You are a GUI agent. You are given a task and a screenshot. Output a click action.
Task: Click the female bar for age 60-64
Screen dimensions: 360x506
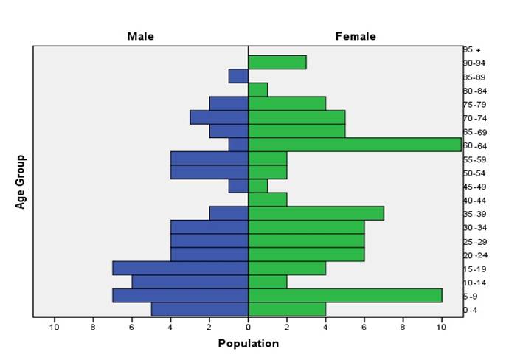click(x=354, y=145)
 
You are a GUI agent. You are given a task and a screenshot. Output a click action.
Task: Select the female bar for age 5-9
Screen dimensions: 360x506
click(x=344, y=295)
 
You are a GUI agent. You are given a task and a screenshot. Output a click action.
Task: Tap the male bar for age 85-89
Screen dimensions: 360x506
click(x=238, y=76)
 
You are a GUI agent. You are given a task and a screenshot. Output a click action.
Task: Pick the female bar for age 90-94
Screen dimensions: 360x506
click(x=277, y=63)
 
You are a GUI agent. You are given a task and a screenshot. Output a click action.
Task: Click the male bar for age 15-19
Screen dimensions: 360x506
click(x=180, y=268)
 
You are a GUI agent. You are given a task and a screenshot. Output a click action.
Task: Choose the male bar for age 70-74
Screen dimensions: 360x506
click(x=219, y=117)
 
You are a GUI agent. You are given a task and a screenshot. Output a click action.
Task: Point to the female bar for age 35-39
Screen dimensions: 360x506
click(x=316, y=213)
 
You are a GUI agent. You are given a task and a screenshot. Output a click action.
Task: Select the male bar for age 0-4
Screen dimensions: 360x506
click(x=199, y=309)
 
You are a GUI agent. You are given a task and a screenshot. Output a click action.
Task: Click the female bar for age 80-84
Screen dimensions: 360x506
click(x=257, y=90)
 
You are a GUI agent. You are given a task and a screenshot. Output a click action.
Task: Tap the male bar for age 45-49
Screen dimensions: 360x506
click(x=238, y=186)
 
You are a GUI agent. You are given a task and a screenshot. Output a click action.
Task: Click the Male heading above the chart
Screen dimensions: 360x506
click(x=140, y=36)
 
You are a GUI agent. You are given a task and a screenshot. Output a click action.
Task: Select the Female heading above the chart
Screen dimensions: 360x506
click(x=356, y=36)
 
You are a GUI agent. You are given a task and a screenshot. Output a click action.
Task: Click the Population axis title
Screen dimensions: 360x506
click(x=249, y=343)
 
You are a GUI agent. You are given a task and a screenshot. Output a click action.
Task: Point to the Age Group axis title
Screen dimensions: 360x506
click(x=20, y=181)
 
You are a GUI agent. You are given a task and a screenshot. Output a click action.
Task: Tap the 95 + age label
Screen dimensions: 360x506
click(x=472, y=49)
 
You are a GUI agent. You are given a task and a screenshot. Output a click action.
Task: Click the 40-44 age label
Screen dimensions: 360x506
click(x=474, y=200)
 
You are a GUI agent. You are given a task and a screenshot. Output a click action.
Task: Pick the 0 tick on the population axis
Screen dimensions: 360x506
click(x=248, y=328)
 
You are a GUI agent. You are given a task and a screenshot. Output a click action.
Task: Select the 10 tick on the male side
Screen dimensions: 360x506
click(x=54, y=328)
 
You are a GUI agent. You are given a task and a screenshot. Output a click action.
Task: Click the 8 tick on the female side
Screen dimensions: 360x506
click(x=403, y=328)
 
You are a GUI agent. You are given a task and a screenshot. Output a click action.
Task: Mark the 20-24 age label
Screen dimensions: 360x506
click(x=474, y=255)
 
